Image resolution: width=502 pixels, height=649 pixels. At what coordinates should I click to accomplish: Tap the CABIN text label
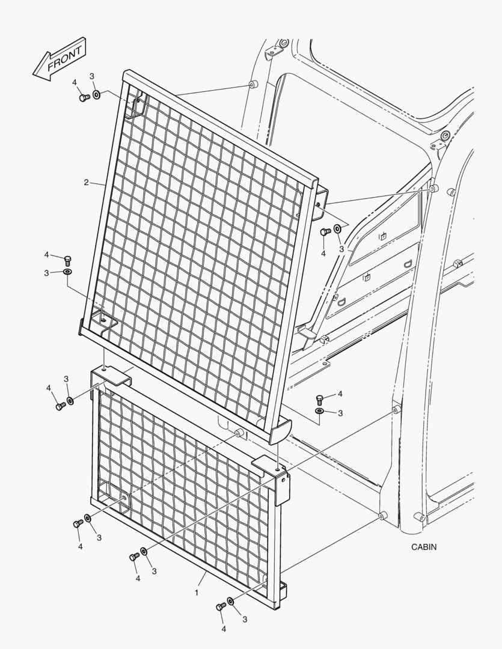pos(424,547)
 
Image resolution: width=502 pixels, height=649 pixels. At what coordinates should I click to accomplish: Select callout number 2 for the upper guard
pos(86,182)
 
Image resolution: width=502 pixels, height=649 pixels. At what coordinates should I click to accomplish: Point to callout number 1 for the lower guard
pos(197,593)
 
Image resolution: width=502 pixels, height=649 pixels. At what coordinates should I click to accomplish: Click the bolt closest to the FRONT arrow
pos(85,98)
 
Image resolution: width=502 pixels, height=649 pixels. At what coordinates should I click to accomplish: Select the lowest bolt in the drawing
pos(221,607)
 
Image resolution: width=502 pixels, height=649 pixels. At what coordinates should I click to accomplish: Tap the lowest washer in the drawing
pos(231,600)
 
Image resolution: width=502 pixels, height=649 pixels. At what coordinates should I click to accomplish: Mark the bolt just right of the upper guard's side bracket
pos(325,231)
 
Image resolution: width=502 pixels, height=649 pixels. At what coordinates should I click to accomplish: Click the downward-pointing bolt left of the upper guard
pos(67,261)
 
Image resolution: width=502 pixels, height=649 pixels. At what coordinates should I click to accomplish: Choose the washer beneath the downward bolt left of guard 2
pos(67,272)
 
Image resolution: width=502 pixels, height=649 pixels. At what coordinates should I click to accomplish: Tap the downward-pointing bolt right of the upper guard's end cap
pos(319,400)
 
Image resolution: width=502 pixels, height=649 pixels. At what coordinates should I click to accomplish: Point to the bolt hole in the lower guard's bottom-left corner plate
pos(124,497)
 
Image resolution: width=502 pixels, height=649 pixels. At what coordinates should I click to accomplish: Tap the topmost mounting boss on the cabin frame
pos(253,85)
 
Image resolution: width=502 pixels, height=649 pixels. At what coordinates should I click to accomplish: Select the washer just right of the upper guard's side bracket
pos(338,228)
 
